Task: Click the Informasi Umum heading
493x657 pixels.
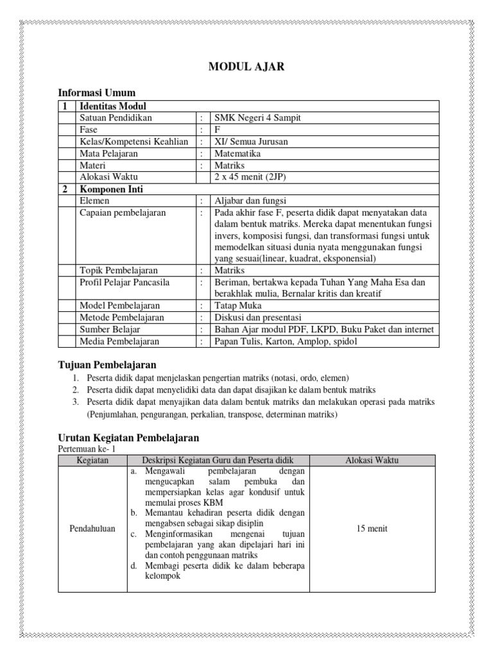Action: click(96, 93)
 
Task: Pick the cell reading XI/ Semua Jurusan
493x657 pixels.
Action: click(251, 142)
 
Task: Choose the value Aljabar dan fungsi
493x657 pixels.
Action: click(250, 201)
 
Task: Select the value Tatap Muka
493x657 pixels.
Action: click(236, 306)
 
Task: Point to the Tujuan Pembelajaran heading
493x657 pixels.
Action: click(107, 365)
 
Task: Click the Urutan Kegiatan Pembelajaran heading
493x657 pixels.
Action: click(128, 438)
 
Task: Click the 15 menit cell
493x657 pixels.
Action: click(372, 529)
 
